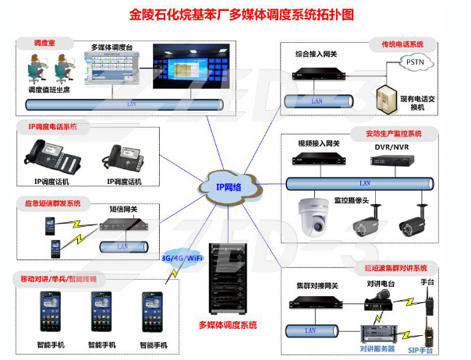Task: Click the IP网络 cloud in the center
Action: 228,187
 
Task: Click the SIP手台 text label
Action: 423,351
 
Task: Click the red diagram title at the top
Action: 236,14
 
